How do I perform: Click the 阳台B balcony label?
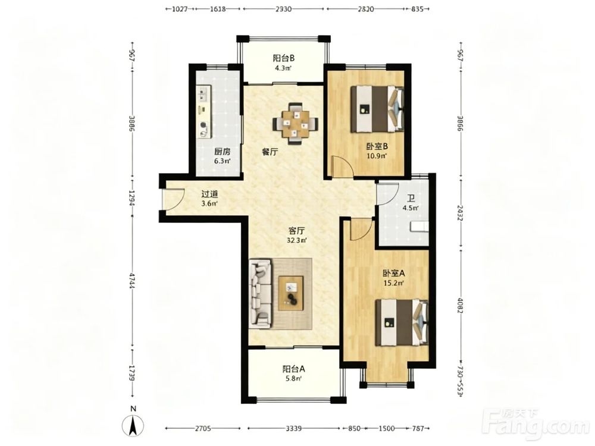pyautogui.click(x=284, y=58)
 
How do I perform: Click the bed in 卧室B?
pyautogui.click(x=377, y=109)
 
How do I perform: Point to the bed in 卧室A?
pyautogui.click(x=402, y=323)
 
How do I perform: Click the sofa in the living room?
pyautogui.click(x=261, y=294)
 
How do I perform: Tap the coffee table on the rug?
pyautogui.click(x=291, y=293)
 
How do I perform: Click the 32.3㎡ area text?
pyautogui.click(x=297, y=240)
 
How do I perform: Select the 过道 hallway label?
pyautogui.click(x=209, y=194)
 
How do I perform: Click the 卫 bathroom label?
pyautogui.click(x=411, y=198)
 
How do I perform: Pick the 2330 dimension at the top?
pyautogui.click(x=283, y=9)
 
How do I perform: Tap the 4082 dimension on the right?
pyautogui.click(x=460, y=305)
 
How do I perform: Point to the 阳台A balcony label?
pyautogui.click(x=294, y=369)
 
